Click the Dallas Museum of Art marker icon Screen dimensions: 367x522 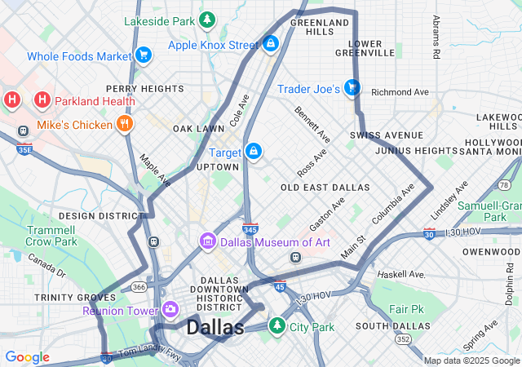point(208,241)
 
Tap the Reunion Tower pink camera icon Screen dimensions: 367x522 point(170,309)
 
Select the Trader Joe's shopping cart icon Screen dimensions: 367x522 point(352,86)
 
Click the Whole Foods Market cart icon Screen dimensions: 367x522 point(144,55)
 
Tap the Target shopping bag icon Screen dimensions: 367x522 point(254,151)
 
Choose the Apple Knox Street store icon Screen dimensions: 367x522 point(270,43)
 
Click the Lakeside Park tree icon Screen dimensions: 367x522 point(208,18)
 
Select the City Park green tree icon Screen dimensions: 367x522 point(277,326)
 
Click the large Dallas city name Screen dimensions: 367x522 point(215,328)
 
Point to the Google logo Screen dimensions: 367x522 point(27,357)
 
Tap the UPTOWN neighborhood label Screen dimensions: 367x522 point(218,167)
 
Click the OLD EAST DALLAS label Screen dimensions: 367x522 point(325,188)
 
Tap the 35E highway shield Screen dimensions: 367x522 point(24,149)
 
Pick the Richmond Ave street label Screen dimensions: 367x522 point(400,92)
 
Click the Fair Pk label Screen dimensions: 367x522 point(407,310)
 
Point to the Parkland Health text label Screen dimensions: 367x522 point(95,101)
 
